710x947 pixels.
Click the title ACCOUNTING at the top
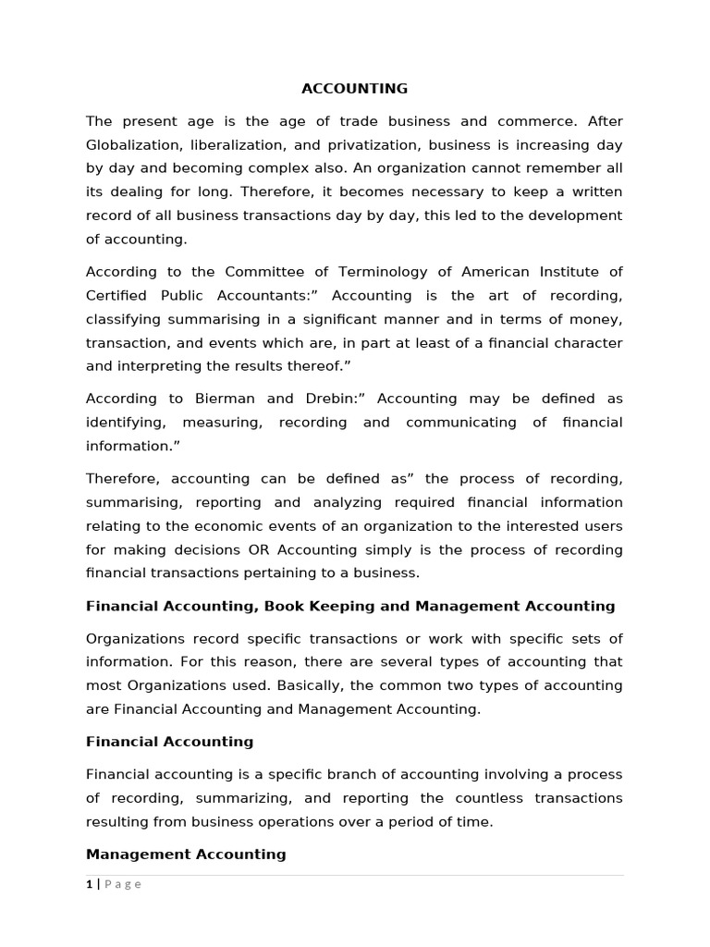[x=354, y=89]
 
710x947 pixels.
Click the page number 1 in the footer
[x=89, y=884]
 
